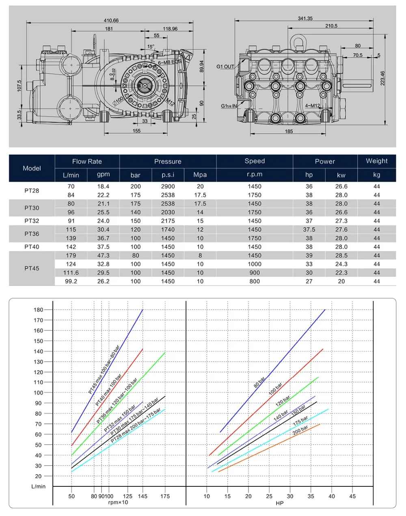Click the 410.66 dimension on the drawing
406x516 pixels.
[111, 20]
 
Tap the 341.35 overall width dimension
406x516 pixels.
[305, 18]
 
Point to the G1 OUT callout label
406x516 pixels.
[225, 67]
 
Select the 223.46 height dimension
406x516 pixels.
[382, 78]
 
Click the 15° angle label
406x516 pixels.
[151, 47]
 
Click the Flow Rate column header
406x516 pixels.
[87, 161]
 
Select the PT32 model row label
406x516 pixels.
[32, 221]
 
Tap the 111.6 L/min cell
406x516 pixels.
[71, 273]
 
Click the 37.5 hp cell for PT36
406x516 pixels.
[309, 229]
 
